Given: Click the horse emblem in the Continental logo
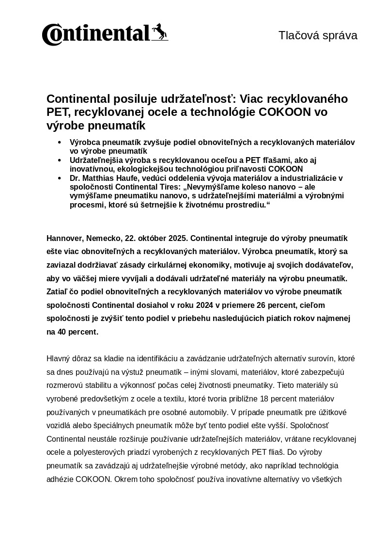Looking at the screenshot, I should pos(160,32).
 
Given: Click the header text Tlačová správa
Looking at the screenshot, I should pos(318,35).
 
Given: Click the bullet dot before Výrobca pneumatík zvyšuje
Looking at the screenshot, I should pos(60,142).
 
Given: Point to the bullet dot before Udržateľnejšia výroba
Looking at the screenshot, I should pos(60,160).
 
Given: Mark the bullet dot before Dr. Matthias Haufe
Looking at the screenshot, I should pos(60,178).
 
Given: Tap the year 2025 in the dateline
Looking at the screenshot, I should pos(178,239).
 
